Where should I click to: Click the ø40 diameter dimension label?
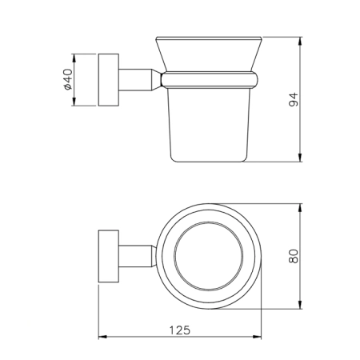[x=68, y=79]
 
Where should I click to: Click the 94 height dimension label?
[x=293, y=99]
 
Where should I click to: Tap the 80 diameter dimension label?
[x=293, y=256]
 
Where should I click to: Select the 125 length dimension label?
[x=180, y=330]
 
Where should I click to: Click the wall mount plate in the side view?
[x=109, y=80]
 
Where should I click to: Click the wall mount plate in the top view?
[x=109, y=256]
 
